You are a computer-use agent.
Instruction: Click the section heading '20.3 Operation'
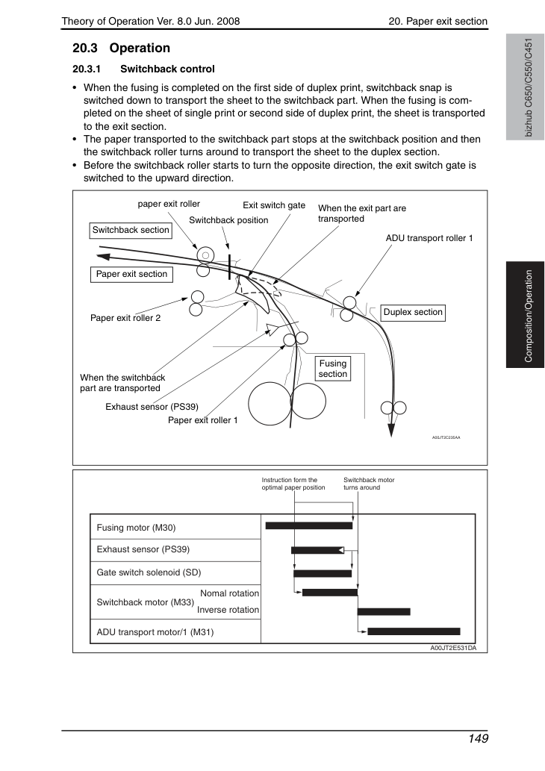point(121,49)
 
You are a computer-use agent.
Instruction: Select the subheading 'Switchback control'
point(167,69)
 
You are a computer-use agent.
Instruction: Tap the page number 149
point(478,739)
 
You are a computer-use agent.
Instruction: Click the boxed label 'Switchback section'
point(131,230)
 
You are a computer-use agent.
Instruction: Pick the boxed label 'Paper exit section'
point(131,275)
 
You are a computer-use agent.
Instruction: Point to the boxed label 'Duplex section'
point(413,312)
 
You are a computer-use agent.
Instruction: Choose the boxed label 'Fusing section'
point(332,369)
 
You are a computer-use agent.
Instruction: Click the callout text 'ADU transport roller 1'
point(429,239)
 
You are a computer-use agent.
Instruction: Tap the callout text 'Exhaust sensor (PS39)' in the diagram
point(152,407)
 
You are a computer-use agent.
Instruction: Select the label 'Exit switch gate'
point(274,205)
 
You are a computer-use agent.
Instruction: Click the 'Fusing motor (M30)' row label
point(136,528)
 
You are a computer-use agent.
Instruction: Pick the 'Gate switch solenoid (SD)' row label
point(149,572)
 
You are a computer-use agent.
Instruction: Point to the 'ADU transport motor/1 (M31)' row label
point(155,632)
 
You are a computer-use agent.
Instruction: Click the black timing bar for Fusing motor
point(309,525)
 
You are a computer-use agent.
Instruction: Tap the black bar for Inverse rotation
point(384,612)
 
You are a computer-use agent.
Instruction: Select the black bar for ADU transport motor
point(414,631)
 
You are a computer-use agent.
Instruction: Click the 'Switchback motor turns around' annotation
point(369,484)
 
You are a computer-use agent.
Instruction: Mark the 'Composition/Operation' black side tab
point(526,315)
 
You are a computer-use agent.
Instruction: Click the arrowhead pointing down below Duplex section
point(391,430)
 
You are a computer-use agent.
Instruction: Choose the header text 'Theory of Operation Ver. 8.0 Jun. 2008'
point(151,21)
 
